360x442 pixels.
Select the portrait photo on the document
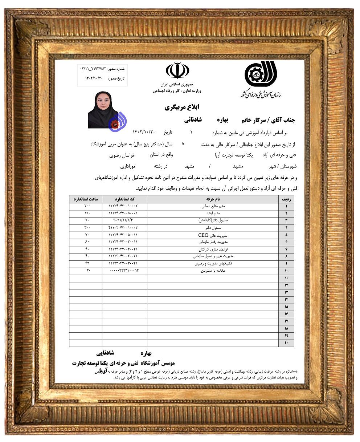click(x=103, y=110)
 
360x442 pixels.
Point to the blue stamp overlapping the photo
click(x=117, y=122)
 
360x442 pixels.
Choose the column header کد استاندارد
click(x=124, y=199)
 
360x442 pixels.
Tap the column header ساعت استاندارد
click(x=86, y=199)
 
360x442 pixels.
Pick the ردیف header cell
click(x=286, y=199)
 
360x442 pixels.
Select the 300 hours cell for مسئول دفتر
click(x=86, y=228)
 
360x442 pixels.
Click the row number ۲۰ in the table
click(x=286, y=343)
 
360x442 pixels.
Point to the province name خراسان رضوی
click(x=122, y=155)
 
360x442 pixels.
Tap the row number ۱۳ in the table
click(x=286, y=292)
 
